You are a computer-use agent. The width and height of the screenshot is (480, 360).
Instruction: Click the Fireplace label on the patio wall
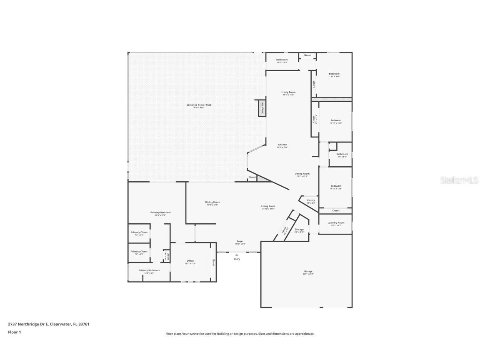point(262,108)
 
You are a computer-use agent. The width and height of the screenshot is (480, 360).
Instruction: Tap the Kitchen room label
point(282,145)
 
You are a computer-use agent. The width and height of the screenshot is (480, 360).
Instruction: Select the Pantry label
point(311,200)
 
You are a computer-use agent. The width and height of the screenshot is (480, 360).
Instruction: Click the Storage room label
point(299,230)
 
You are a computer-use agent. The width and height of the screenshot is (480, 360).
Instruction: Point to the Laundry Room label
point(335,223)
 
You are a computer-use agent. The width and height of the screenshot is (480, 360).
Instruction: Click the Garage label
point(308,272)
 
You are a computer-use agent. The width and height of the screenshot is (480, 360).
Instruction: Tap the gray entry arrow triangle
point(237,255)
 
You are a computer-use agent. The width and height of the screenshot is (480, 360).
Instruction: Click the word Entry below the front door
point(237,259)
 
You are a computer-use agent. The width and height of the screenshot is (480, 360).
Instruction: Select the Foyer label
point(240,241)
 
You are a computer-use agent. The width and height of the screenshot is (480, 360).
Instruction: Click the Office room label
point(190,261)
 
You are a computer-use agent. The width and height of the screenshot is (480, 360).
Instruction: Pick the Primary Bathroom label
point(149,270)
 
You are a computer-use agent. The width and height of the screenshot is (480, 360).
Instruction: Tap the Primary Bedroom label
point(160,212)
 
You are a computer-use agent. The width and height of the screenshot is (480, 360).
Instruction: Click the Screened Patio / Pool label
point(199,105)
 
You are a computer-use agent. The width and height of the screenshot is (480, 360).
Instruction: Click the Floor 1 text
point(14,332)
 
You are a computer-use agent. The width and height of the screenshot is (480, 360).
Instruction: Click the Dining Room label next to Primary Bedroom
point(212,202)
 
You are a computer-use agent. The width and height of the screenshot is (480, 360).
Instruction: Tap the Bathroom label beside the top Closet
point(282,60)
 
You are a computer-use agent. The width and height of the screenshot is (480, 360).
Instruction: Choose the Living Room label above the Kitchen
point(288,92)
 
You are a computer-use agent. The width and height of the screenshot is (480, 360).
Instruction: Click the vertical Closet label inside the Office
point(213,262)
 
